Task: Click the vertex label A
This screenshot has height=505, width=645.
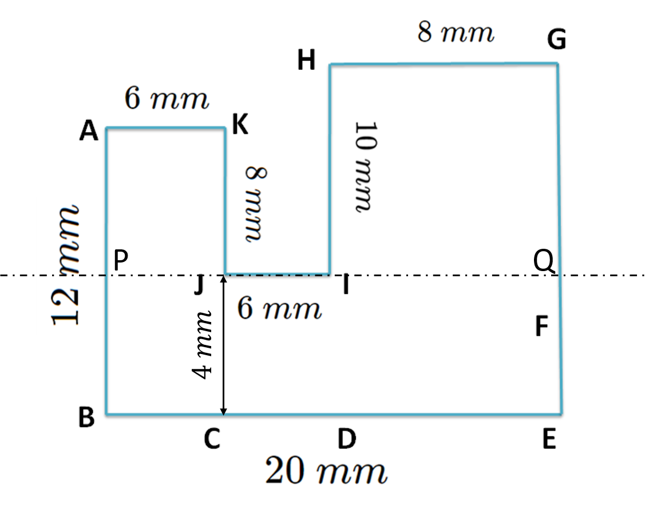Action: click(x=89, y=132)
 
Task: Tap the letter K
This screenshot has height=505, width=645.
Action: click(x=241, y=124)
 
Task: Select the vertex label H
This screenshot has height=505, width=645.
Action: click(x=307, y=61)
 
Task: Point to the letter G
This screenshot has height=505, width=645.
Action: click(x=556, y=41)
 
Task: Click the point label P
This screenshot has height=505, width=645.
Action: click(x=120, y=262)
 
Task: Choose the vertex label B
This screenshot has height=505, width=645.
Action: click(x=86, y=418)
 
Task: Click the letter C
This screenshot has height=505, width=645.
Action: click(x=212, y=440)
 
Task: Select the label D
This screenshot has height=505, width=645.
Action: click(x=347, y=440)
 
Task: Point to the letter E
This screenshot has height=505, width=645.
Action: click(x=549, y=440)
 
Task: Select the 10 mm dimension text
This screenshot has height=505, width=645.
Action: click(x=364, y=166)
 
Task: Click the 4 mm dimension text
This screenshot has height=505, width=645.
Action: click(x=204, y=344)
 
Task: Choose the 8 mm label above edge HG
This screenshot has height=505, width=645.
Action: click(x=456, y=33)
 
